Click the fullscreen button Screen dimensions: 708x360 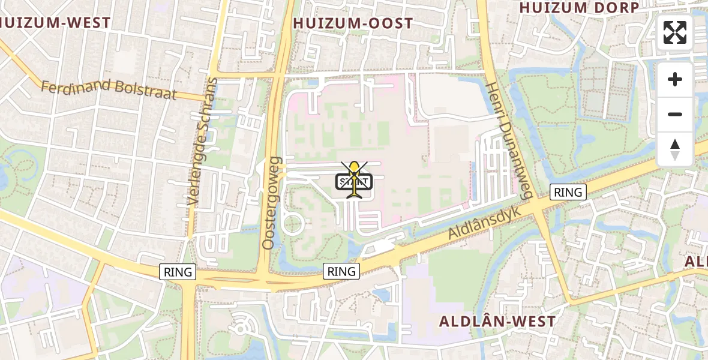click(675, 32)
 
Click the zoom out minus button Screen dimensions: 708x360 click(675, 114)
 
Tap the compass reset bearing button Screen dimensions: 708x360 click(675, 149)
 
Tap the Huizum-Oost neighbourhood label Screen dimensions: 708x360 click(353, 23)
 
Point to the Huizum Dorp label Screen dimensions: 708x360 click(579, 7)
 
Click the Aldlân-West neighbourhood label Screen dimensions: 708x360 click(497, 321)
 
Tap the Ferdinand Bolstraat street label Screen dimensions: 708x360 click(109, 90)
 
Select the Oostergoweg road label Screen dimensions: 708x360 click(271, 203)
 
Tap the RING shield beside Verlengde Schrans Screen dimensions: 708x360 click(178, 272)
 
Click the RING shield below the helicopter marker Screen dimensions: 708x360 click(341, 271)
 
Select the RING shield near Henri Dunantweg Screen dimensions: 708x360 click(568, 192)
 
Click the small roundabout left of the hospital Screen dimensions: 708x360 click(293, 224)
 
